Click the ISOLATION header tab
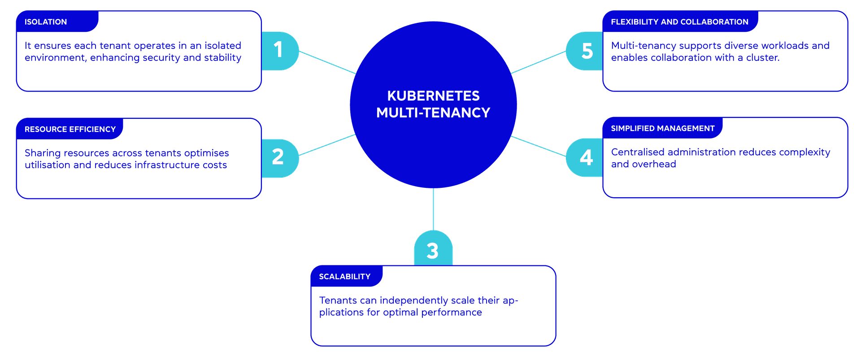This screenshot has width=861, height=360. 46,22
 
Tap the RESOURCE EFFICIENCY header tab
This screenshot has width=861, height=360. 70,130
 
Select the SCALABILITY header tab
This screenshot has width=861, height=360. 344,277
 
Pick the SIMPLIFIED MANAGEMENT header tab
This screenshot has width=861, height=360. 662,129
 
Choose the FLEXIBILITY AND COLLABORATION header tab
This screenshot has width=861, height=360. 679,22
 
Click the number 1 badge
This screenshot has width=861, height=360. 279,50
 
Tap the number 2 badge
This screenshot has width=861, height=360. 278,157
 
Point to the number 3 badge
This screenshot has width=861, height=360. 433,250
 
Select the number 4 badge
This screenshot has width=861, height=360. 586,157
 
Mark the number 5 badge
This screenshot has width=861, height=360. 587,51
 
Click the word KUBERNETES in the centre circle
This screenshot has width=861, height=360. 433,96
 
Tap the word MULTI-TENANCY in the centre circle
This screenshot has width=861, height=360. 433,113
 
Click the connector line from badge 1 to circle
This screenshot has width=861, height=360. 327,62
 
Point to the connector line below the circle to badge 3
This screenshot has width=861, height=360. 433,209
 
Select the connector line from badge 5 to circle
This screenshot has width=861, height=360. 538,62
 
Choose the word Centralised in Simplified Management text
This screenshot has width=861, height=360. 637,152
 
